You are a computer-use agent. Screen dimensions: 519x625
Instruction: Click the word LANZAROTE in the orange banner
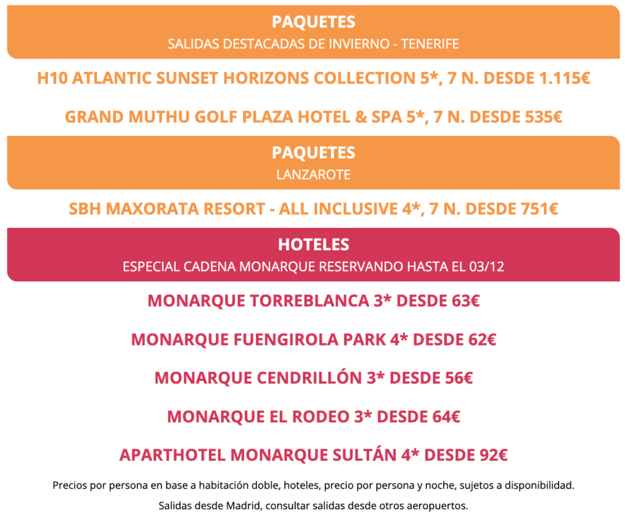(x=313, y=175)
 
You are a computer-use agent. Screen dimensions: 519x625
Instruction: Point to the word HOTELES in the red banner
(x=313, y=245)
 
